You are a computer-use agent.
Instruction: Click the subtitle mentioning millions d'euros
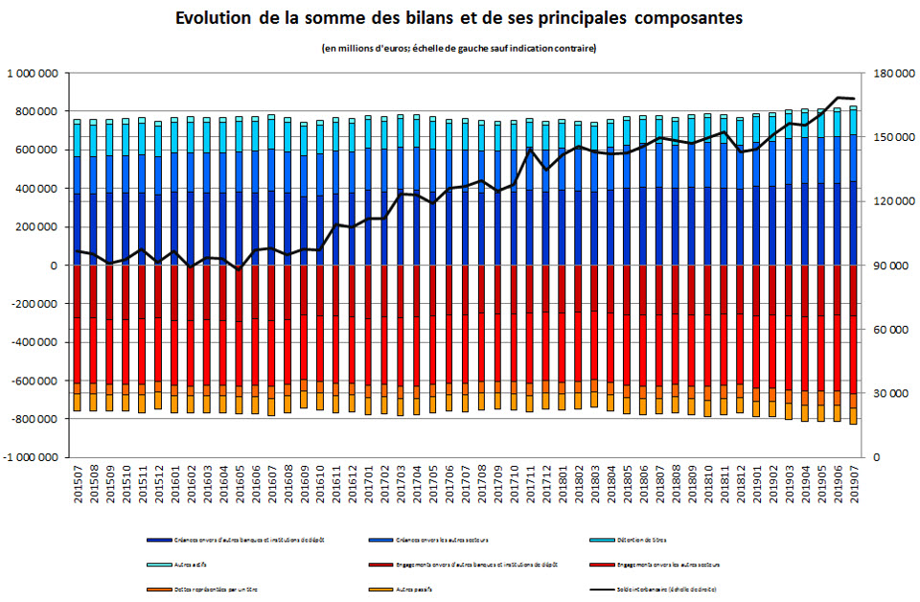tap(459, 49)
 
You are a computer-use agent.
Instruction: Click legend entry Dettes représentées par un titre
tap(212, 587)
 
